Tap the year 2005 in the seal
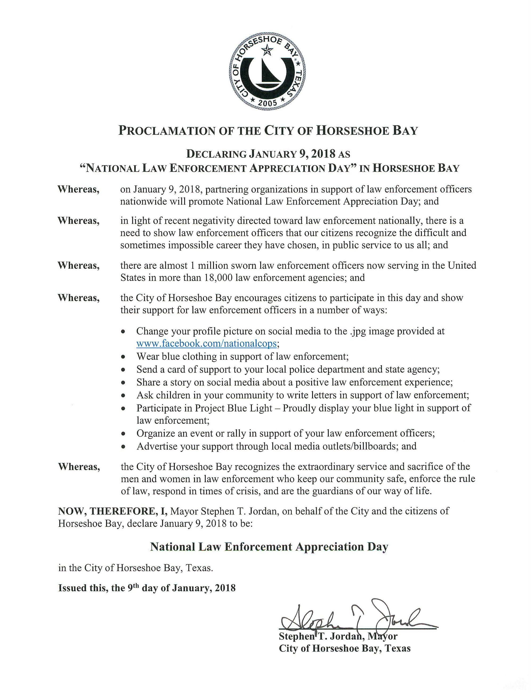pyautogui.click(x=267, y=103)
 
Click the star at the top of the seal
pyautogui.click(x=267, y=49)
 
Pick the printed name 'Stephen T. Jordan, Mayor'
pyautogui.click(x=338, y=636)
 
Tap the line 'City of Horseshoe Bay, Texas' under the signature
pyautogui.click(x=344, y=648)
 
